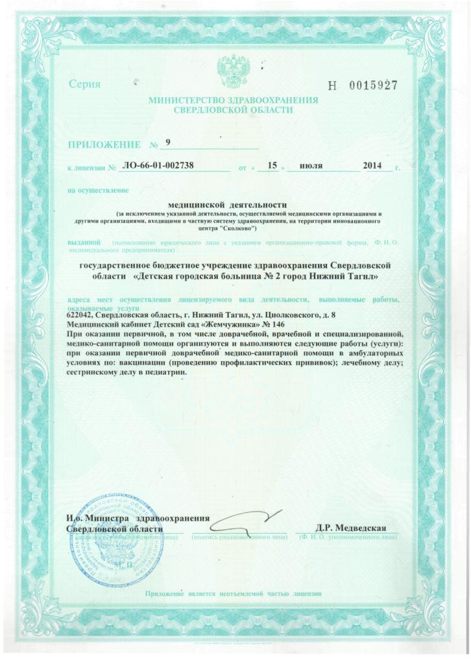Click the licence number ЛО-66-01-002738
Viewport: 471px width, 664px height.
(158, 166)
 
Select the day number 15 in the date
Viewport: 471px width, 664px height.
(272, 166)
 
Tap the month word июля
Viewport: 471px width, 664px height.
(312, 166)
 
